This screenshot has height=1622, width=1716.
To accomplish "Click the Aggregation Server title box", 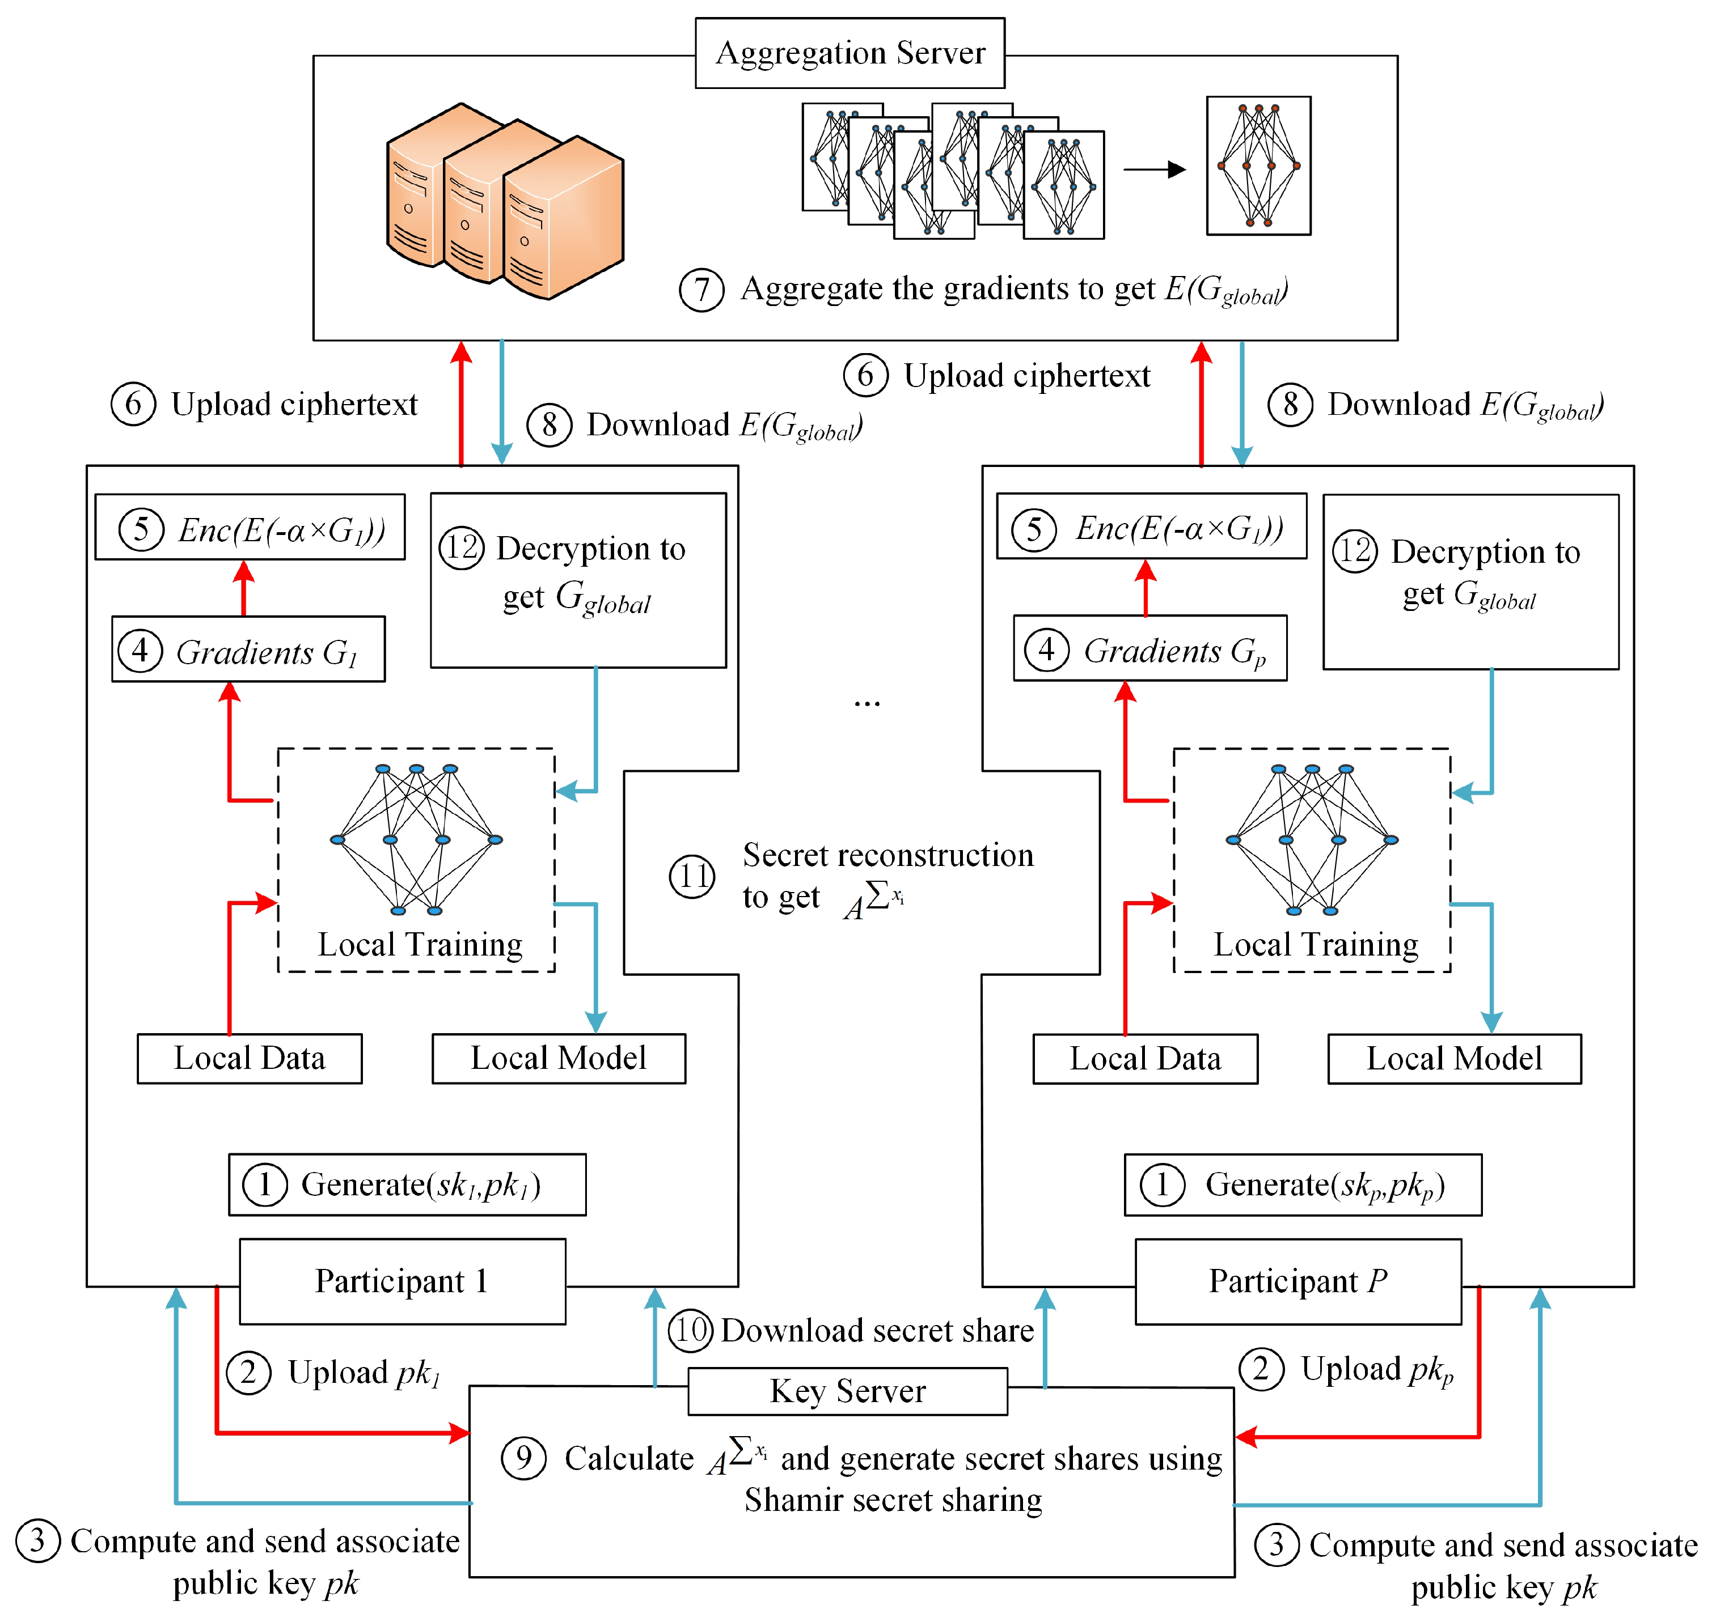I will tap(849, 53).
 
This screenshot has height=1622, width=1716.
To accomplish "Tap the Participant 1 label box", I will tap(401, 1280).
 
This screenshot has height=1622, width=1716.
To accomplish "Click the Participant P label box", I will tap(1297, 1280).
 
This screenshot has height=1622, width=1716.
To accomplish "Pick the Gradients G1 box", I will tap(248, 650).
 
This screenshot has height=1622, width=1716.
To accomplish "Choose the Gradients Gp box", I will tap(1149, 649).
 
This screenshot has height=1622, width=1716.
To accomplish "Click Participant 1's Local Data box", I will tap(249, 1058).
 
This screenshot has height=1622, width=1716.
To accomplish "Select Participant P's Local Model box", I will tap(1454, 1058).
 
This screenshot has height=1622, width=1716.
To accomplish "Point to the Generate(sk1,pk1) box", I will tap(407, 1184).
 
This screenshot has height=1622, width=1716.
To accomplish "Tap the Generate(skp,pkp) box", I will tap(1303, 1184).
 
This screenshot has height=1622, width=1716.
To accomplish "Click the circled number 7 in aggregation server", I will tap(701, 290).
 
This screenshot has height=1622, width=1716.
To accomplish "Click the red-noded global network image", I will tap(1258, 165).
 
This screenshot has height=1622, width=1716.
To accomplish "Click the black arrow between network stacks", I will tap(1154, 169).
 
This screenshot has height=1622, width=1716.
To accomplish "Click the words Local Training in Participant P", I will tap(1316, 944).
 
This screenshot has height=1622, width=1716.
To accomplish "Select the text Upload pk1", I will tap(364, 1372).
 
